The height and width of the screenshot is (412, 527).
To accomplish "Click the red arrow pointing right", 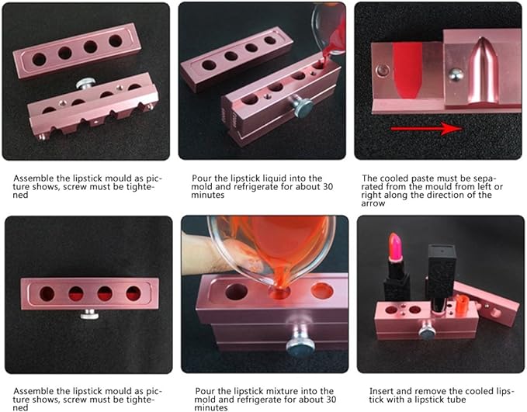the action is point(426,128).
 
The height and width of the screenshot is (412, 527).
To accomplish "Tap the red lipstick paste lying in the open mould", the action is point(407,71).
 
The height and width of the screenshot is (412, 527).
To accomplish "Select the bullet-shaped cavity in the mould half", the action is point(483,70).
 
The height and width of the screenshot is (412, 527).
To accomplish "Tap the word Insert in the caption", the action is point(381,391).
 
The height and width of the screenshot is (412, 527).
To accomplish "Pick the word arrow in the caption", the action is point(373,203).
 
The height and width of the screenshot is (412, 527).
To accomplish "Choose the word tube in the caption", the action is point(456,400).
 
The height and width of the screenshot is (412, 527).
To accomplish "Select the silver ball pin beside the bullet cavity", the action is point(456,75).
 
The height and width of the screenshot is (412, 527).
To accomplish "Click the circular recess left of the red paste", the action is point(382,71).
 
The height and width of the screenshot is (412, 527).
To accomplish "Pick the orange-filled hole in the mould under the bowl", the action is point(321,291).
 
